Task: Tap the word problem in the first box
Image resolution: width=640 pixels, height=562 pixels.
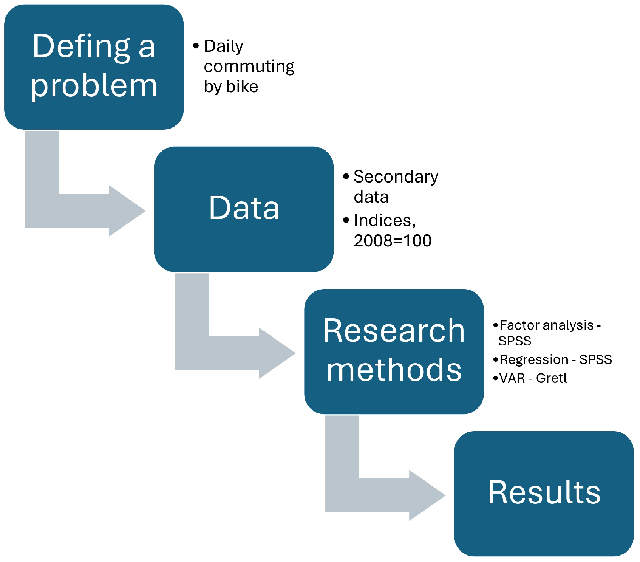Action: (x=94, y=85)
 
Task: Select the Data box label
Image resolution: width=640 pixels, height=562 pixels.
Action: (x=244, y=208)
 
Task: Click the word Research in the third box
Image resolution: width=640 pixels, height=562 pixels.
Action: (x=394, y=331)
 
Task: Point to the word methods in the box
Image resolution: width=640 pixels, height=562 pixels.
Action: (x=394, y=370)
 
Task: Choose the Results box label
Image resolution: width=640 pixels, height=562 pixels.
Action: (x=544, y=492)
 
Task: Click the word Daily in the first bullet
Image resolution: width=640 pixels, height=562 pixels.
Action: (x=224, y=46)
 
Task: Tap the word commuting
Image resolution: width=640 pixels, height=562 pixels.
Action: (x=249, y=67)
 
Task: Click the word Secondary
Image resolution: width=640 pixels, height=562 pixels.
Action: (x=396, y=177)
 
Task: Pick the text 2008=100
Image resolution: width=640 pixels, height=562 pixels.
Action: (x=393, y=241)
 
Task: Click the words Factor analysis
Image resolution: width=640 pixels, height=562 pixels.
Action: (x=546, y=325)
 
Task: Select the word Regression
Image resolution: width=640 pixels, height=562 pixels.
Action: (x=533, y=359)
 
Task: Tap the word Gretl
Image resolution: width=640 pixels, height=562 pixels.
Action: (x=551, y=378)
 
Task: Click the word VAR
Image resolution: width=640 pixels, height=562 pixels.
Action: (x=512, y=378)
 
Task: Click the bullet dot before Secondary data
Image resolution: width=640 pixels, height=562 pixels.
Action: (x=346, y=176)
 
